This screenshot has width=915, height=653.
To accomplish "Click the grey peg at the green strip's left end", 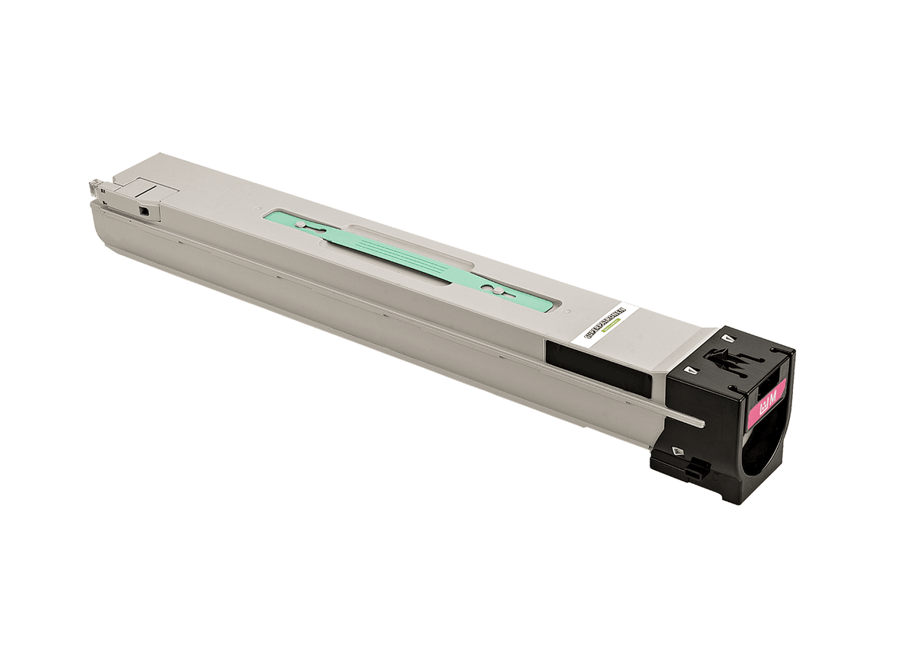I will (x=301, y=225).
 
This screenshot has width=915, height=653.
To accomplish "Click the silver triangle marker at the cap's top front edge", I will (x=692, y=370).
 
